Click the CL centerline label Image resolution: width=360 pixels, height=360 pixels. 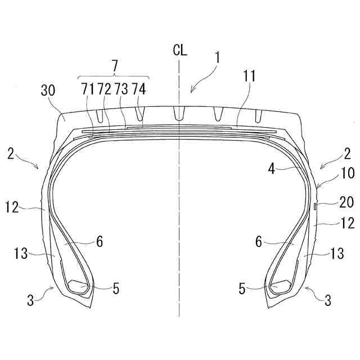pyautogui.click(x=180, y=50)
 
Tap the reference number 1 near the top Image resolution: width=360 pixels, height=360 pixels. pyautogui.click(x=217, y=57)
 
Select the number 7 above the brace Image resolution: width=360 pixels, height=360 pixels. pyautogui.click(x=114, y=66)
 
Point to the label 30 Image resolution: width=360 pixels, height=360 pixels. pyautogui.click(x=48, y=90)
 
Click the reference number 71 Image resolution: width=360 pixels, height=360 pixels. pyautogui.click(x=88, y=89)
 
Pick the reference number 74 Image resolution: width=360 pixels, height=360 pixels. pyautogui.click(x=139, y=89)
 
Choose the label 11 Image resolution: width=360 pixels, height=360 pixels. pyautogui.click(x=249, y=76)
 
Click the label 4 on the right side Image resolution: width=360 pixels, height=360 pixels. pyautogui.click(x=272, y=169)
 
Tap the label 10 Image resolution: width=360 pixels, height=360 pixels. pyautogui.click(x=348, y=173)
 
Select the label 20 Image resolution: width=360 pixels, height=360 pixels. pyautogui.click(x=346, y=202)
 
